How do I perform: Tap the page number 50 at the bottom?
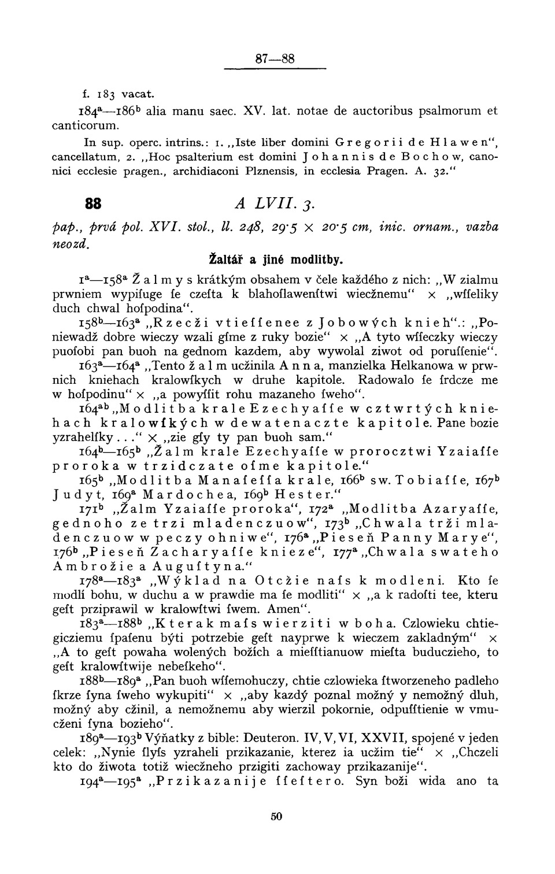(276, 816)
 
